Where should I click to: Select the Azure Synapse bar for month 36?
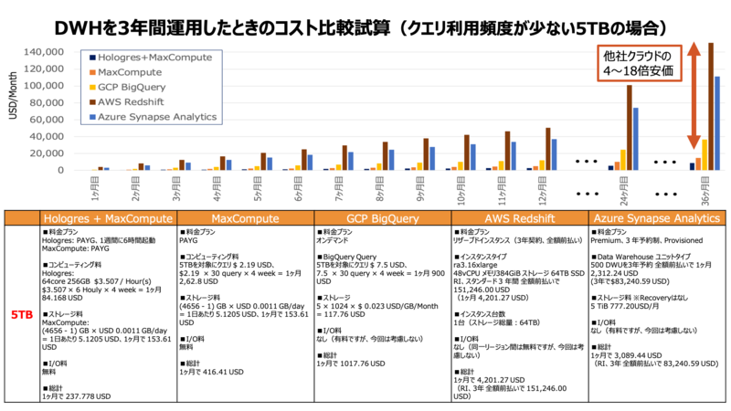point(717,122)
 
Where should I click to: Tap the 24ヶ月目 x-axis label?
point(623,186)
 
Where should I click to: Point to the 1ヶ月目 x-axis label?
point(99,186)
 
